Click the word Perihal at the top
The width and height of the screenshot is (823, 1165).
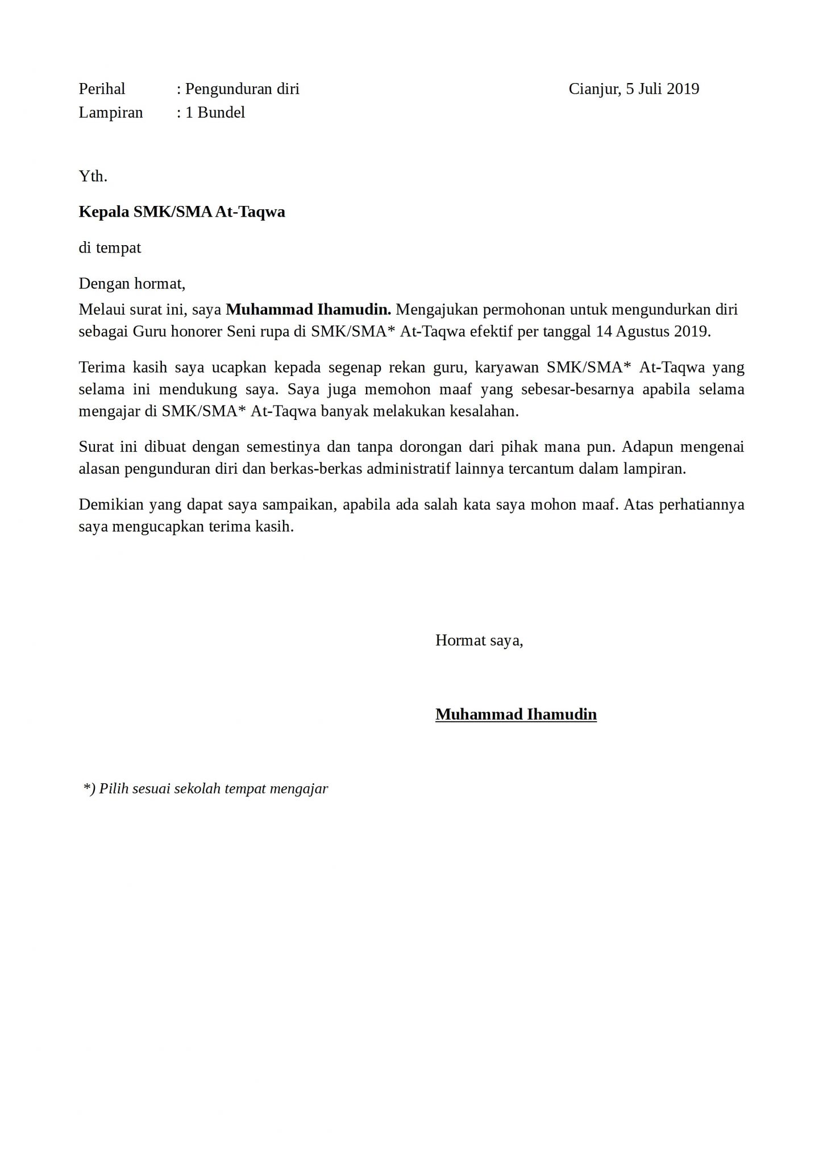coord(102,89)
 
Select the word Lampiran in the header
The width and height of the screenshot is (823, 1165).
coord(110,113)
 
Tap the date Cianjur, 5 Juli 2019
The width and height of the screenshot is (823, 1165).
coord(634,89)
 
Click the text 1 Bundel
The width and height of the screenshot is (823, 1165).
coord(215,113)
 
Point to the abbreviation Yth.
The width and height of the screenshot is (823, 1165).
coord(93,176)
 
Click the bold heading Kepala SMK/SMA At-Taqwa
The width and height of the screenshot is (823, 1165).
coord(182,212)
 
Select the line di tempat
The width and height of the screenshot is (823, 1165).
coord(110,248)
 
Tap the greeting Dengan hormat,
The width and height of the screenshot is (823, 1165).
coord(132,283)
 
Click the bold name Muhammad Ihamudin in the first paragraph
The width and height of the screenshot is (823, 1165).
coord(309,309)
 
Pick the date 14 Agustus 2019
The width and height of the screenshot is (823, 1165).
coord(653,332)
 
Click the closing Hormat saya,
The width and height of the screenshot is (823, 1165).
coord(479,641)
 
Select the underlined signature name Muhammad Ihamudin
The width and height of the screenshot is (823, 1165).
coord(516,714)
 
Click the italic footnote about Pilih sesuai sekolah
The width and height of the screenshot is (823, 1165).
coord(206,788)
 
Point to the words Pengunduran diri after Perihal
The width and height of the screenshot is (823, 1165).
coord(242,89)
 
